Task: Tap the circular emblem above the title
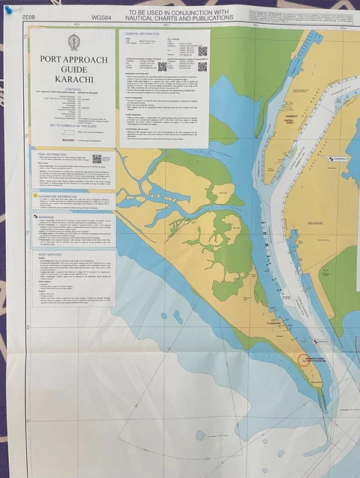(73, 42)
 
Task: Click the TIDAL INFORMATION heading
(57, 154)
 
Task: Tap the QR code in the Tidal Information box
(97, 160)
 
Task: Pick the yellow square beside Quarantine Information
(34, 196)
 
